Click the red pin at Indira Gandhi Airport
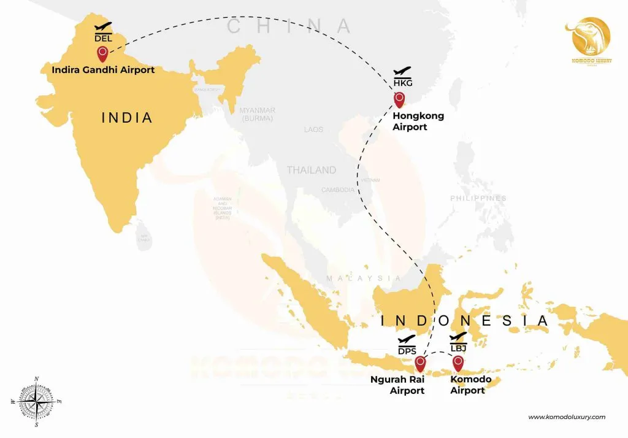[x=102, y=55]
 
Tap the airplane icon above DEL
[x=103, y=27]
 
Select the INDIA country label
[x=127, y=117]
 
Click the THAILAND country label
[x=312, y=170]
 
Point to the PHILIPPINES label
[x=478, y=198]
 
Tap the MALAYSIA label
[x=364, y=279]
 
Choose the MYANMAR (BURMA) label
[x=257, y=114]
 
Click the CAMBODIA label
[x=338, y=190]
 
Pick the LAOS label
[x=313, y=129]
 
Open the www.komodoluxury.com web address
[x=567, y=417]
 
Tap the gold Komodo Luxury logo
[x=591, y=40]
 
